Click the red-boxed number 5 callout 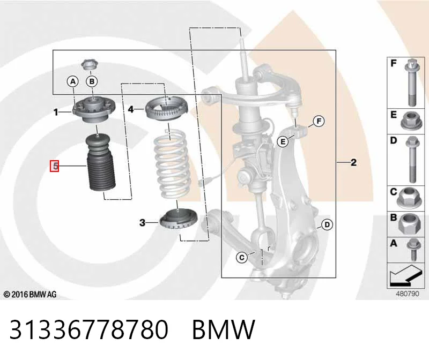click(x=55, y=166)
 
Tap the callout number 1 click(x=56, y=112)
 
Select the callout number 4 click(x=131, y=109)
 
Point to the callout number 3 click(x=142, y=222)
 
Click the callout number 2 click(x=353, y=163)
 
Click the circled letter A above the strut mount click(x=73, y=81)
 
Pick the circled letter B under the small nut click(x=92, y=81)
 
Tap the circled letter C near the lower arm click(x=242, y=258)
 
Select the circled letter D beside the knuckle click(x=327, y=225)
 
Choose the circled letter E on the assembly click(x=283, y=141)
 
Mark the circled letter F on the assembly click(x=319, y=121)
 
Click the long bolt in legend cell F click(x=412, y=82)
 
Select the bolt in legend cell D click(x=412, y=159)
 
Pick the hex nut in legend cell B click(x=409, y=223)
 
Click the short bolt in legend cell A click(x=413, y=249)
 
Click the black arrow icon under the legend click(x=405, y=275)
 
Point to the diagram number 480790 click(x=408, y=294)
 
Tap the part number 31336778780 click(x=88, y=329)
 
